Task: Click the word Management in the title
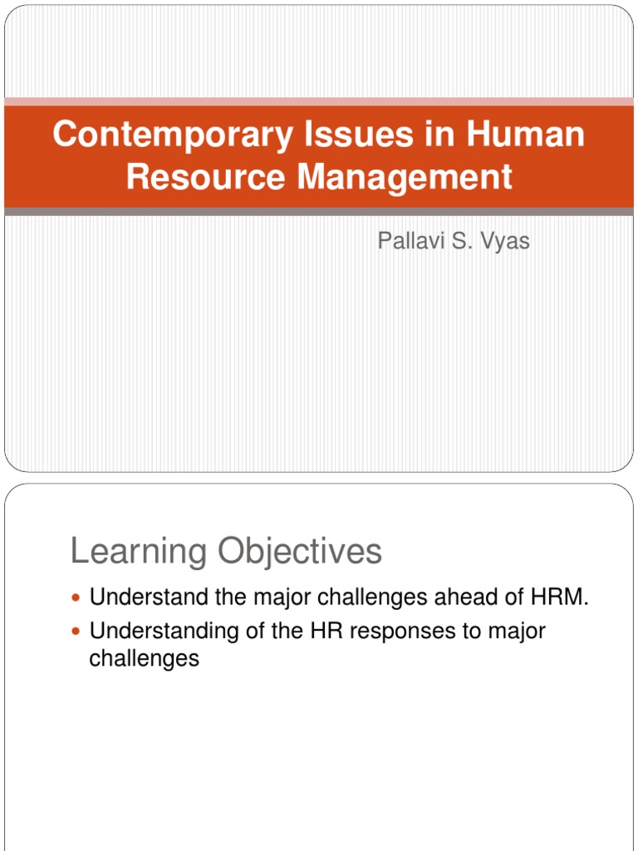point(399,176)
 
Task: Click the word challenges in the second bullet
point(145,659)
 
